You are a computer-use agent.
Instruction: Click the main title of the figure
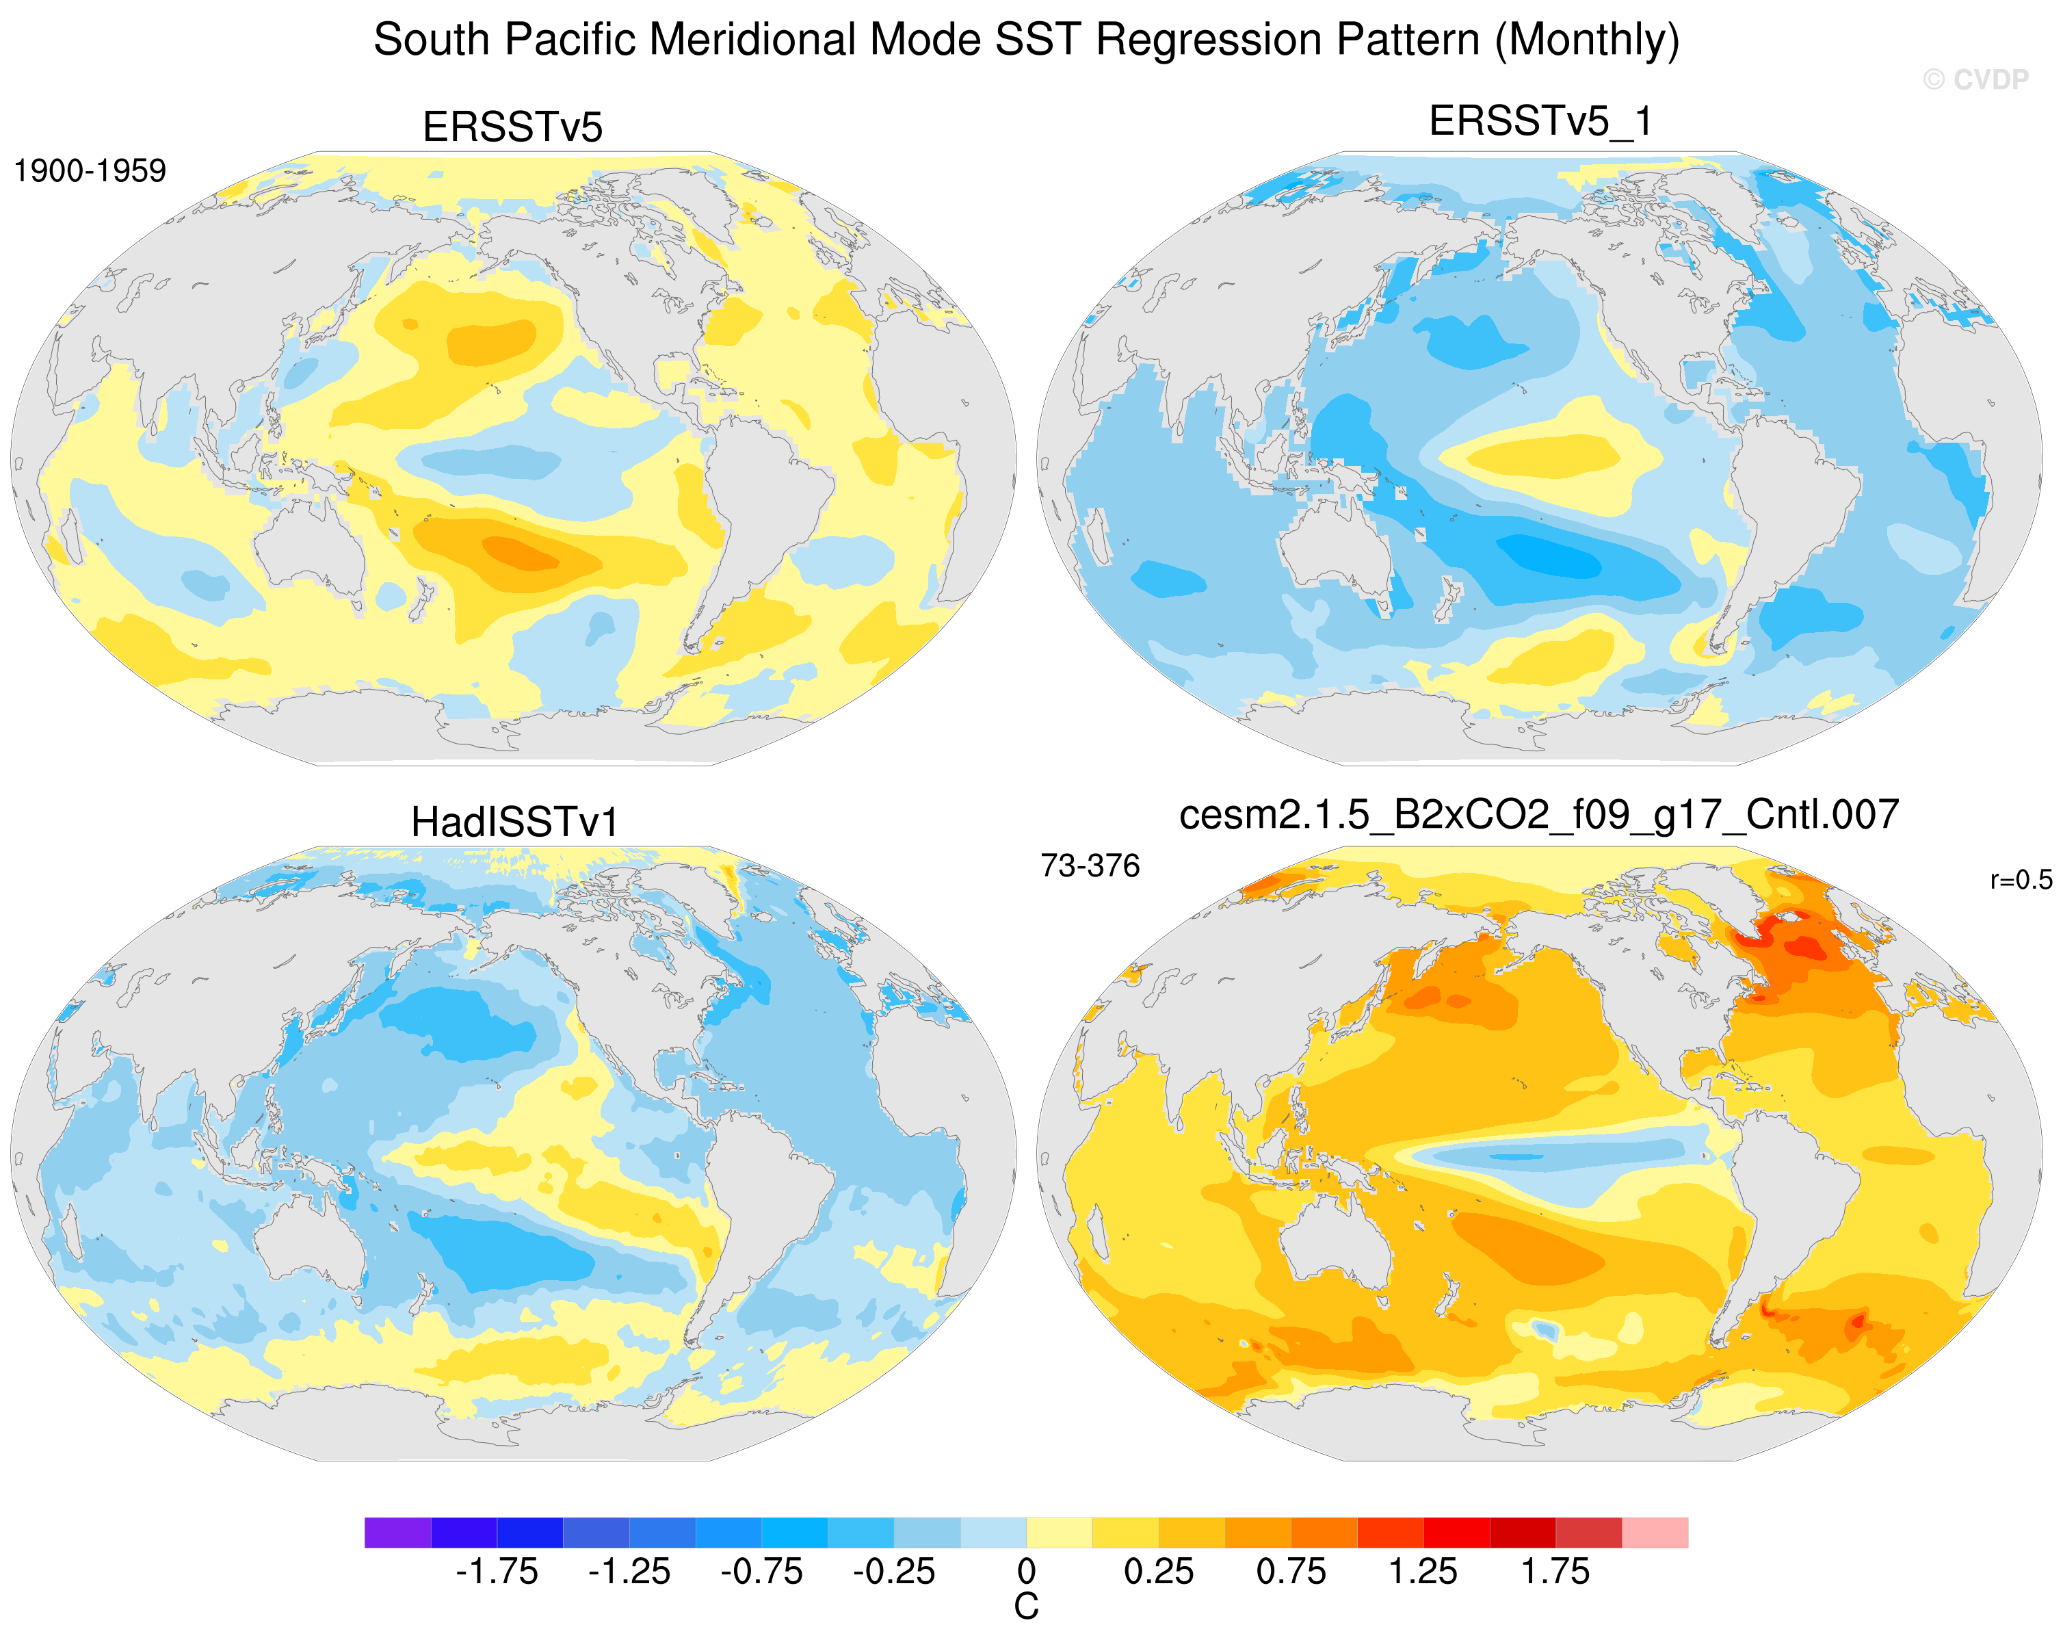point(1026,40)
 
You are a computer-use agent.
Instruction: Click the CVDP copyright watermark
point(1975,79)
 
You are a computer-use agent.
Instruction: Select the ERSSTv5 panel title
point(513,127)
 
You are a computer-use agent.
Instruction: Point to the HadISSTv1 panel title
point(515,822)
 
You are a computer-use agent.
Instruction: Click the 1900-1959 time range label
point(90,170)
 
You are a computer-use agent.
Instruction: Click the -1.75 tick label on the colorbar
point(497,1572)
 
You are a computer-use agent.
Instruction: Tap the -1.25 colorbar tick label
point(629,1572)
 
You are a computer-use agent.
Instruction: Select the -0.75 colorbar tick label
point(762,1572)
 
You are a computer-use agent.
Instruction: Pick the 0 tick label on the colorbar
point(1026,1572)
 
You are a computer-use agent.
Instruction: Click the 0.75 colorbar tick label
point(1291,1572)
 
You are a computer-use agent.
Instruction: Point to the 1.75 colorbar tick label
point(1556,1572)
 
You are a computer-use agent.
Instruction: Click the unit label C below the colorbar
point(1026,1607)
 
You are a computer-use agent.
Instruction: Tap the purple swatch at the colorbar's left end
point(397,1532)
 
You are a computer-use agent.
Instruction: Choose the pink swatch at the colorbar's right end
point(1655,1532)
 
